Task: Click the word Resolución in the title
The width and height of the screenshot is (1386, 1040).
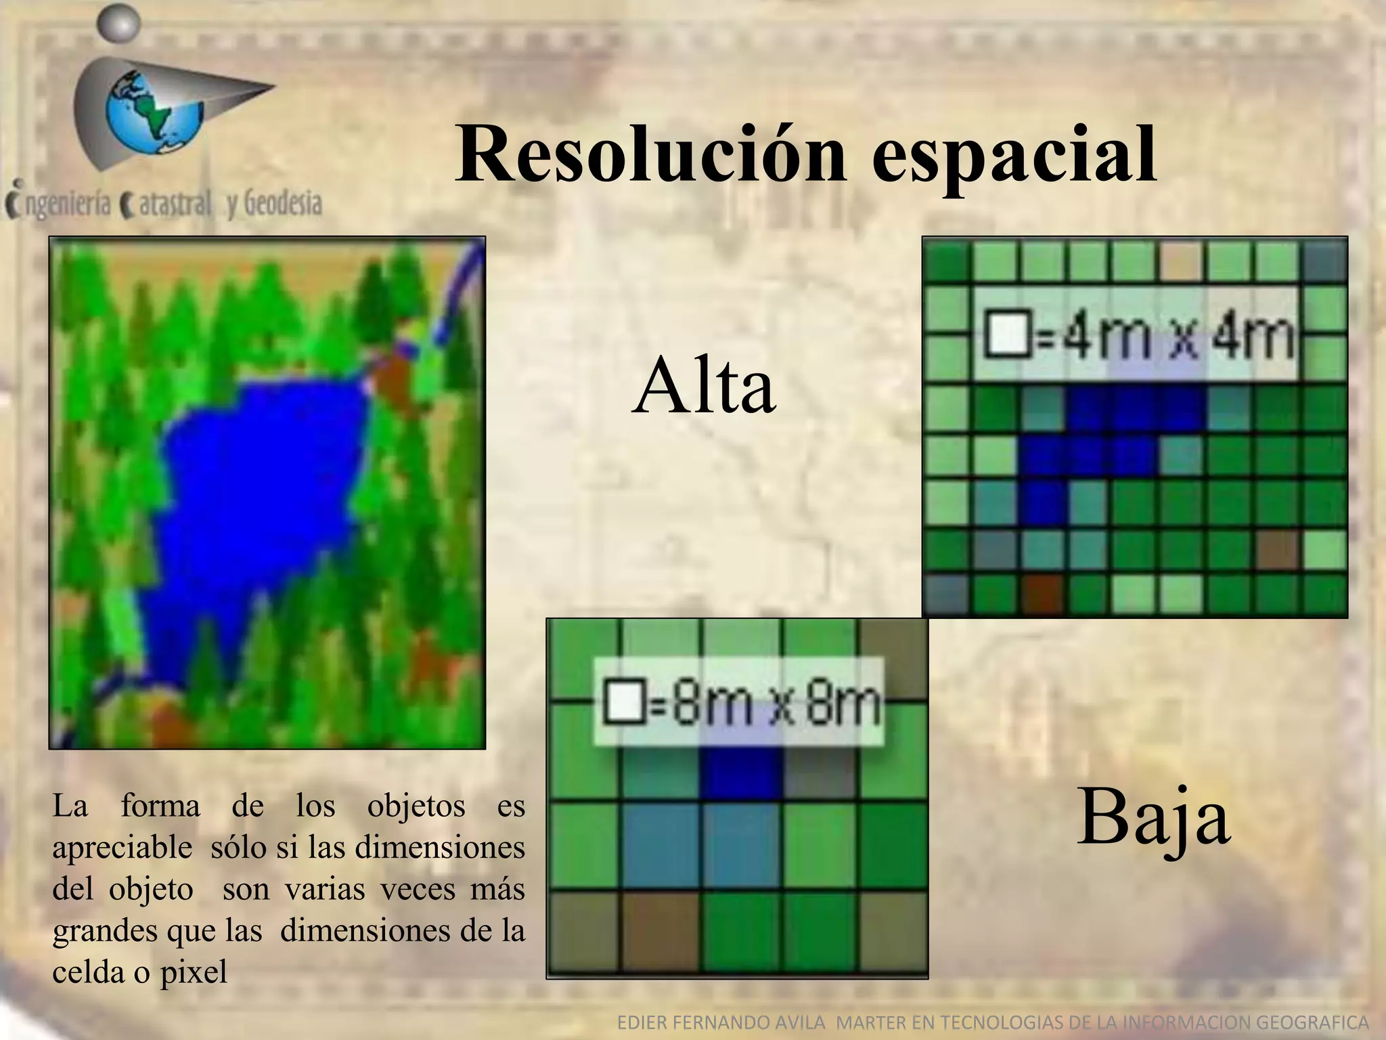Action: [650, 154]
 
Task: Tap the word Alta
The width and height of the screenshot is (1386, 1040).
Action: [704, 387]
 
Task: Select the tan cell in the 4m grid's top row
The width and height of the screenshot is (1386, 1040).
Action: [1180, 261]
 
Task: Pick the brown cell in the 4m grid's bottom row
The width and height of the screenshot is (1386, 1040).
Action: [1042, 591]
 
